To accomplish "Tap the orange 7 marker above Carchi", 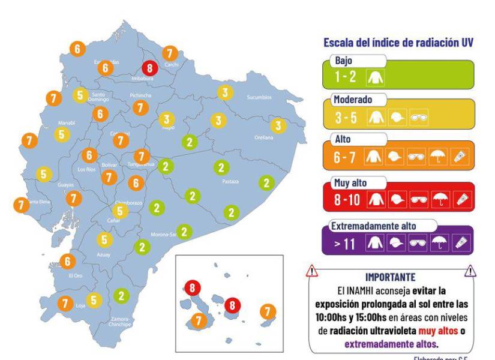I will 170,53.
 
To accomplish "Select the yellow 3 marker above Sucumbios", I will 225,92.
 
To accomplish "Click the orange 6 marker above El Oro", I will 68,261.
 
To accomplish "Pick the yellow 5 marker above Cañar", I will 120,211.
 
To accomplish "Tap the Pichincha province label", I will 140,95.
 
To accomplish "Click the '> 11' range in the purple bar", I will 346,244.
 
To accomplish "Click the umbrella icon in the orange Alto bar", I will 439,158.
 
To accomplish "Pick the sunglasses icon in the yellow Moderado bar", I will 418,118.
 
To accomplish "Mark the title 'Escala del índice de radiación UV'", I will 398,43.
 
